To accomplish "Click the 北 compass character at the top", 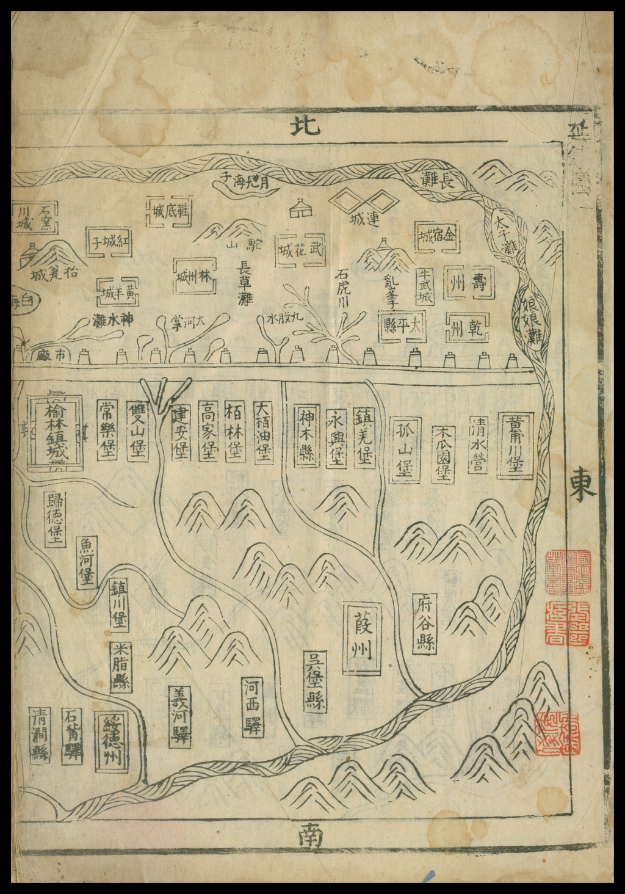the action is [x=303, y=126].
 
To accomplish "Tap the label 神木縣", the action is [x=306, y=435].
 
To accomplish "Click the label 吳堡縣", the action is [x=315, y=681].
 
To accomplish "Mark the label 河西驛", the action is [x=252, y=707].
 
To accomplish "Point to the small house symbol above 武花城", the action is [x=301, y=208].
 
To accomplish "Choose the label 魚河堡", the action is [x=87, y=562].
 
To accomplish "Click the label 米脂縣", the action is [x=121, y=666].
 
